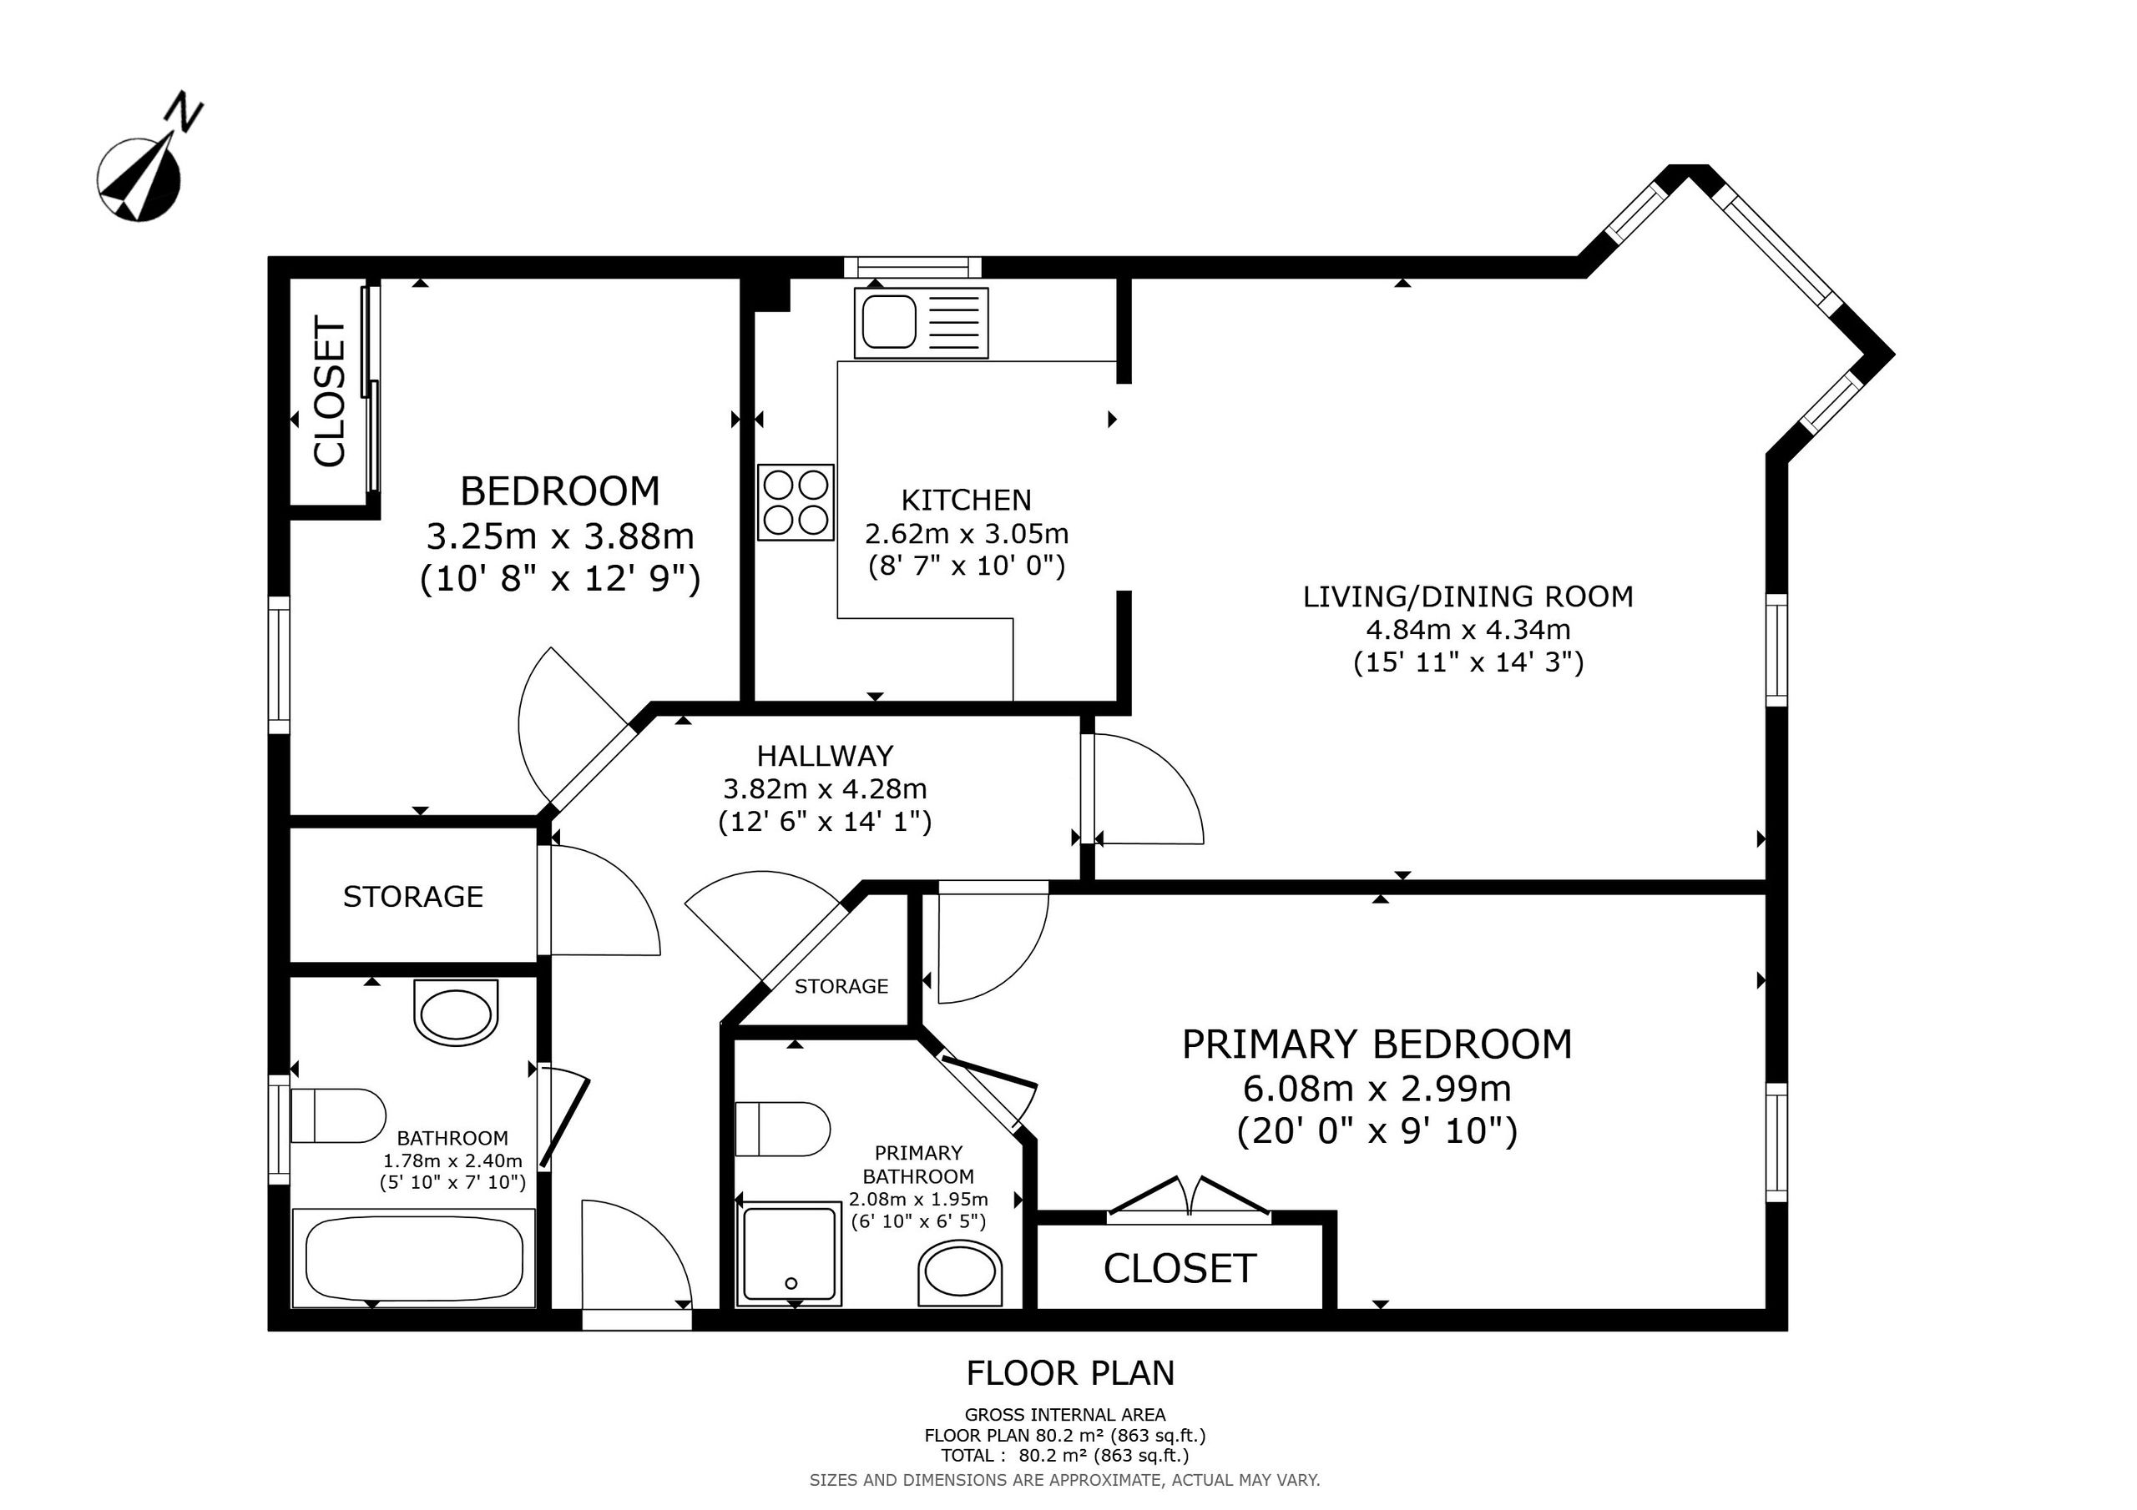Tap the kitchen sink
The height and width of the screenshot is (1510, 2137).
[921, 323]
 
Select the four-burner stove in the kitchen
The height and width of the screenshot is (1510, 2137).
[796, 502]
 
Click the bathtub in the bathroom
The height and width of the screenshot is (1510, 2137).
[413, 1258]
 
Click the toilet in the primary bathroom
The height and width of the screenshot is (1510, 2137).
[782, 1130]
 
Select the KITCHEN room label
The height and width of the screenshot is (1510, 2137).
[966, 500]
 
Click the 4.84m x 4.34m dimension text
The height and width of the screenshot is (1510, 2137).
[1468, 629]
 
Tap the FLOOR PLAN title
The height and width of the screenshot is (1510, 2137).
[1070, 1372]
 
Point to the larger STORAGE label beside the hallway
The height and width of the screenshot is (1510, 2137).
[413, 896]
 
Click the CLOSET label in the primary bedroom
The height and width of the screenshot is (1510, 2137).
[1180, 1268]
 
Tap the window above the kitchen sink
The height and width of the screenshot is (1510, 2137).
[912, 267]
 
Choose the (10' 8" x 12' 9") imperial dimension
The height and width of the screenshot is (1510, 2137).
[559, 579]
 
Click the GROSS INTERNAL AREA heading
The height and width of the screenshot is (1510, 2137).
[1065, 1415]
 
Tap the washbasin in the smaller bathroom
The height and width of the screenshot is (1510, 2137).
[455, 1014]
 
